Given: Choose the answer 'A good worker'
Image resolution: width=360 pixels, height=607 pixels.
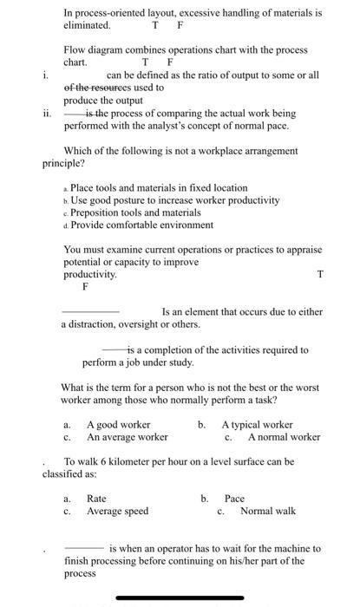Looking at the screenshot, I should pos(119,425).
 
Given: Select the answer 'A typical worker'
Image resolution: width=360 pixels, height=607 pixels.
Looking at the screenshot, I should pos(257,425).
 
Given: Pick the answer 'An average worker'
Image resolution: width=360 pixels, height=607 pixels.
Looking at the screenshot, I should pos(127,437).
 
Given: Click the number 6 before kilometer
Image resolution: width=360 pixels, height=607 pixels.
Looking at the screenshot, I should pos(101,461).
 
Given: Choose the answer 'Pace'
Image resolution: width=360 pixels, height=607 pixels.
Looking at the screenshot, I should pos(234,499).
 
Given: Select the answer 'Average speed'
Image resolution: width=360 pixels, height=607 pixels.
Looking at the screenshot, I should pos(117,511).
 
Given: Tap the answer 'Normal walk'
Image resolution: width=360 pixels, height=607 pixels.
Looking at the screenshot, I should pos(267,511).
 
